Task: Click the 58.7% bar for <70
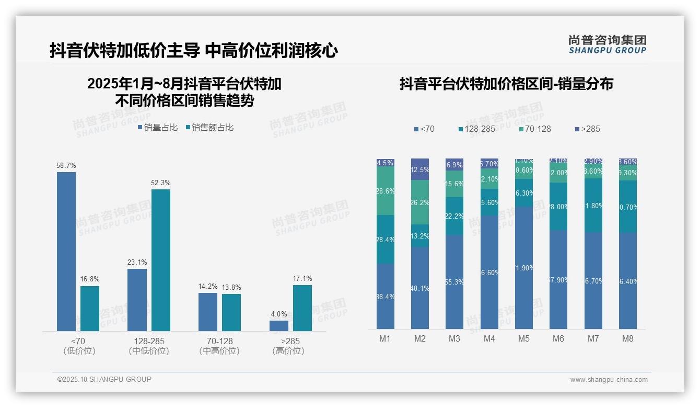pyautogui.click(x=66, y=251)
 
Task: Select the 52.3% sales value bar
pyautogui.click(x=161, y=260)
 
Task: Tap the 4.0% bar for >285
pyautogui.click(x=279, y=326)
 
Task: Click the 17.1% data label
pyautogui.click(x=302, y=279)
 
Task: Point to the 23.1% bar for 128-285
pyautogui.click(x=137, y=300)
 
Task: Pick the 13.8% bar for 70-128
pyautogui.click(x=231, y=312)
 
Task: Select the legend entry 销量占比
pyautogui.click(x=158, y=128)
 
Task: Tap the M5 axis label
pyautogui.click(x=524, y=338)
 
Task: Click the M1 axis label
pyautogui.click(x=385, y=338)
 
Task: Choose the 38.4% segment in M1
pyautogui.click(x=386, y=296)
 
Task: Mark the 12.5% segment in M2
pyautogui.click(x=420, y=169)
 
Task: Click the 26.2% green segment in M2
pyautogui.click(x=420, y=202)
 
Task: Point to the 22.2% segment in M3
pyautogui.click(x=454, y=216)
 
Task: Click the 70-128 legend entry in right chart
pyautogui.click(x=535, y=129)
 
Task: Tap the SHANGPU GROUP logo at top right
pyautogui.click(x=608, y=44)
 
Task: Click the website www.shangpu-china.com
pyautogui.click(x=609, y=380)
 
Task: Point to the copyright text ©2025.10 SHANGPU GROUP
pyautogui.click(x=104, y=379)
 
